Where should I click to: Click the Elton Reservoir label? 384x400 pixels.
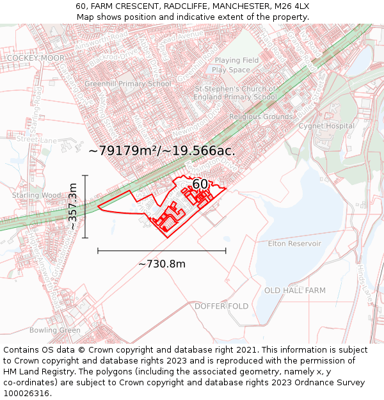pyautogui.click(x=294, y=244)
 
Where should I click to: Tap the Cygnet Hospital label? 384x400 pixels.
pyautogui.click(x=326, y=126)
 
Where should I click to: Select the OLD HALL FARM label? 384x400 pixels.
pyautogui.click(x=295, y=291)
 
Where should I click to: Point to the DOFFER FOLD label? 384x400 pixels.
pyautogui.click(x=221, y=307)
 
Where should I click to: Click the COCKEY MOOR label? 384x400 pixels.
pyautogui.click(x=36, y=58)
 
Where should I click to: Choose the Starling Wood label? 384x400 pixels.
pyautogui.click(x=36, y=195)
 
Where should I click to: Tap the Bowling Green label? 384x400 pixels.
pyautogui.click(x=55, y=331)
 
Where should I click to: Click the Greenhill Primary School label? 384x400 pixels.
pyautogui.click(x=128, y=84)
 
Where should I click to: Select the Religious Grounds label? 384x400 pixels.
pyautogui.click(x=260, y=117)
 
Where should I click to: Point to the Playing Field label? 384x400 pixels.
pyautogui.click(x=236, y=61)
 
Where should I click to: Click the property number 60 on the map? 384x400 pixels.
pyautogui.click(x=200, y=184)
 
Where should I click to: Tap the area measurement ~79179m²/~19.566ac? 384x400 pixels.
pyautogui.click(x=162, y=152)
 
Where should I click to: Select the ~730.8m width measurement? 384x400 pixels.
pyautogui.click(x=162, y=264)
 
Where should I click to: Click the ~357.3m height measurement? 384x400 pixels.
pyautogui.click(x=73, y=206)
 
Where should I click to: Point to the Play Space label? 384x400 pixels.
pyautogui.click(x=231, y=70)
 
